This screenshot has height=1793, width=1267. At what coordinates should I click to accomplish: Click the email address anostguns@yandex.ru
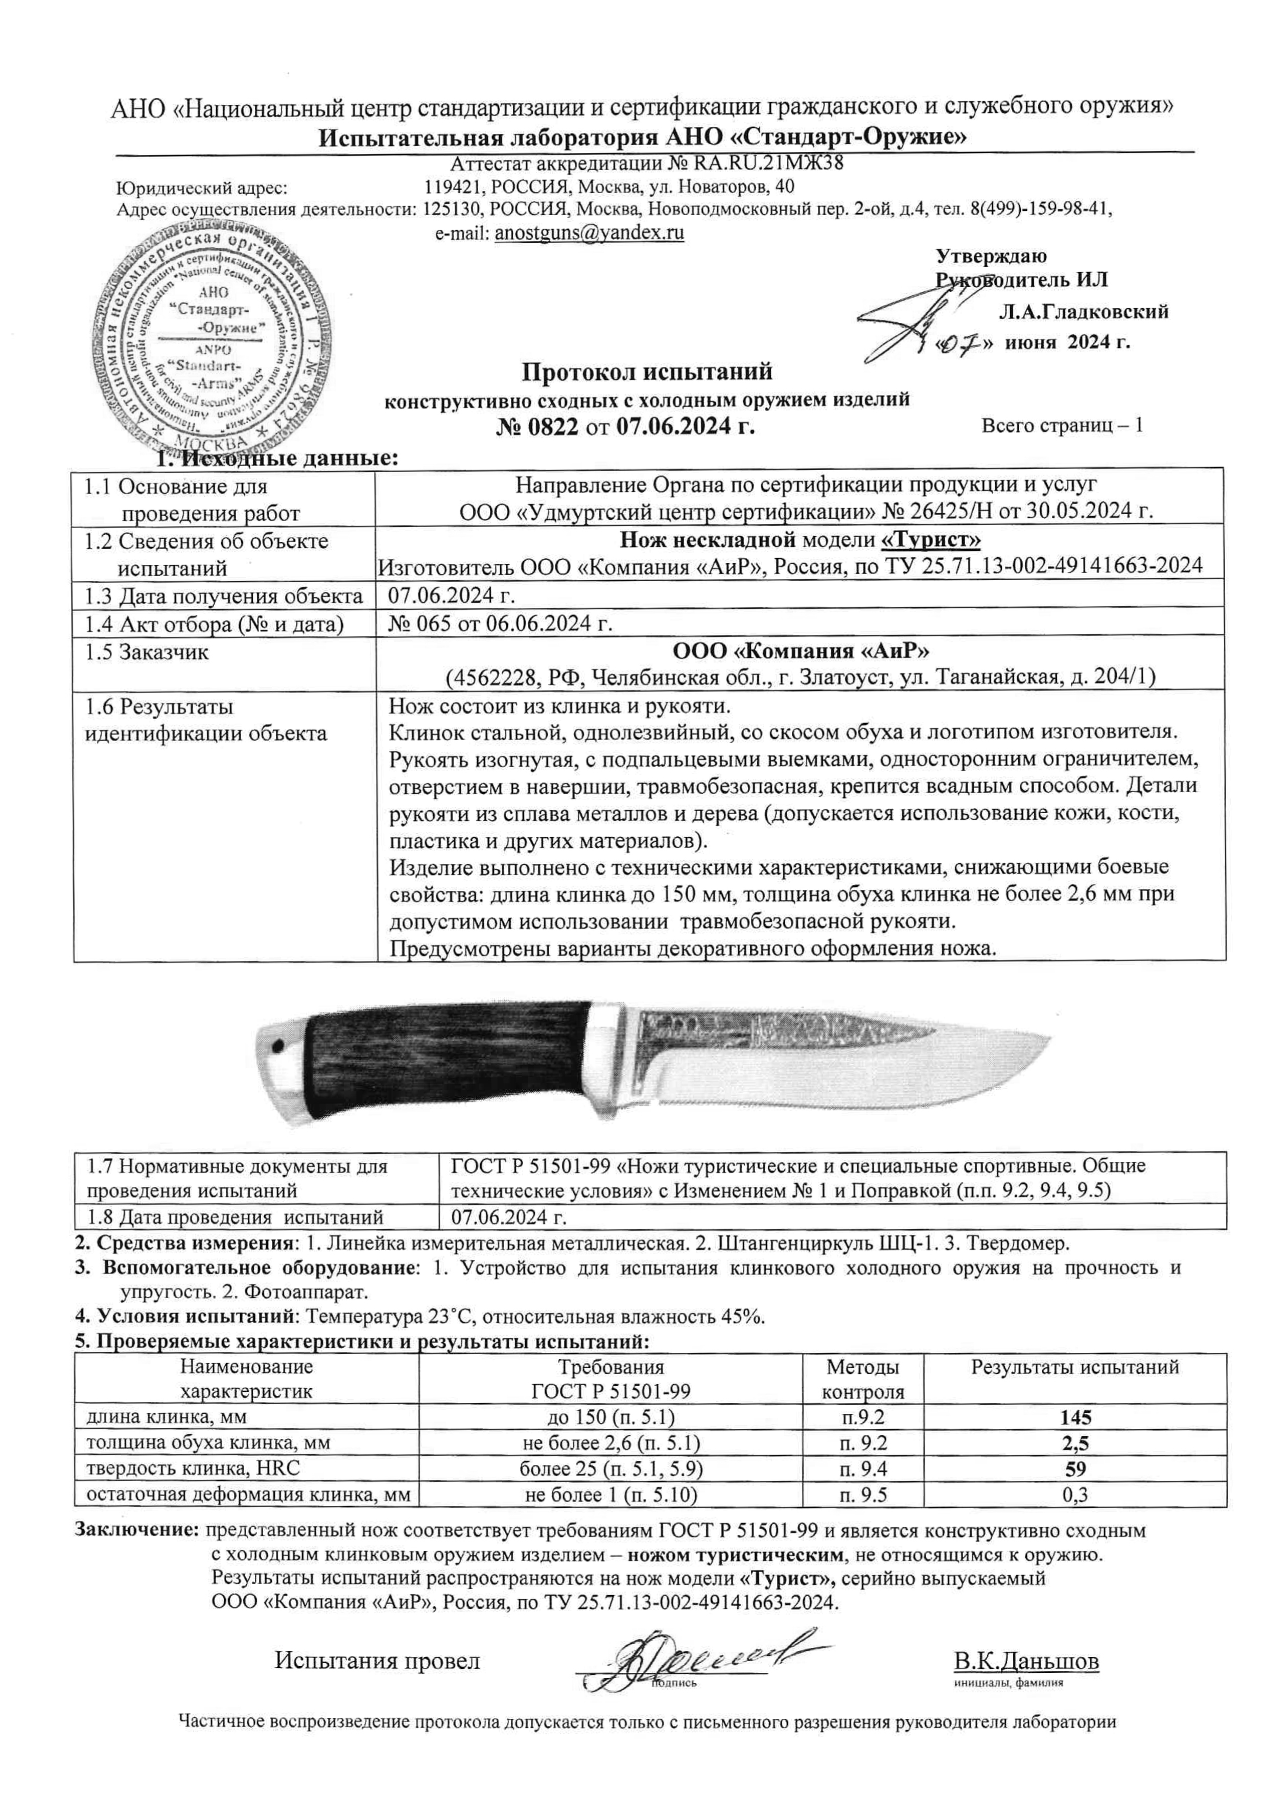coord(590,233)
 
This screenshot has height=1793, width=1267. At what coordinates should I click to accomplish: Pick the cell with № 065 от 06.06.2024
coord(500,623)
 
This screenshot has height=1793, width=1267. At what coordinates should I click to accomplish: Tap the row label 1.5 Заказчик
coord(147,653)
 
